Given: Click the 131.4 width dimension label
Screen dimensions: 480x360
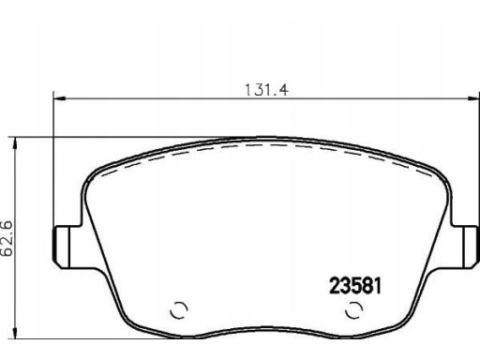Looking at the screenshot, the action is click(266, 90).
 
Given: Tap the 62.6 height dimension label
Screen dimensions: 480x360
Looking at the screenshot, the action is click(7, 238).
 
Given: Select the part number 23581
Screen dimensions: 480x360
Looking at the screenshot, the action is click(355, 286).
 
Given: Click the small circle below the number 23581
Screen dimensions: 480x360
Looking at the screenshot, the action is click(354, 310).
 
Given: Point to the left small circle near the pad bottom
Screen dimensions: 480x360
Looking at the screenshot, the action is click(179, 310).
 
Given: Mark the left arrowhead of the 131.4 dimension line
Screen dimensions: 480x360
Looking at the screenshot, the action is click(59, 98).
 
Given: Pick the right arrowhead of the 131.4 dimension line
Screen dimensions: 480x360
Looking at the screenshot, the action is click(473, 98).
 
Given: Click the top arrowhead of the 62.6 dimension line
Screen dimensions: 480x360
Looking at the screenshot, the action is click(14, 143).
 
